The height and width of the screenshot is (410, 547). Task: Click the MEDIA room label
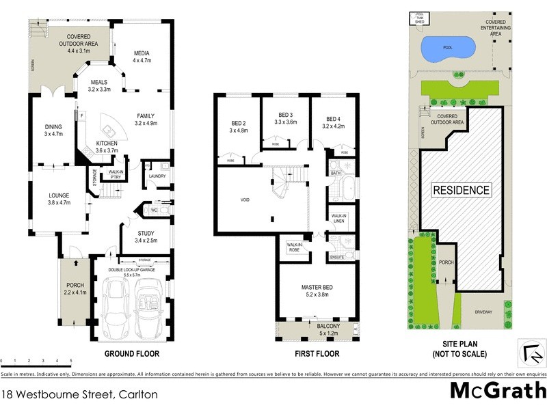pyautogui.click(x=142, y=53)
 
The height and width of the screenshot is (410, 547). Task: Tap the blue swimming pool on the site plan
pyautogui.click(x=449, y=49)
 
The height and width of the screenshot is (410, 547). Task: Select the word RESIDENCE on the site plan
pyautogui.click(x=460, y=190)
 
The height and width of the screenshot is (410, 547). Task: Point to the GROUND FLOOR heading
pyautogui.click(x=131, y=354)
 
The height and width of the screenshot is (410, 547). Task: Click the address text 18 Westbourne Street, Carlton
pyautogui.click(x=80, y=394)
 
